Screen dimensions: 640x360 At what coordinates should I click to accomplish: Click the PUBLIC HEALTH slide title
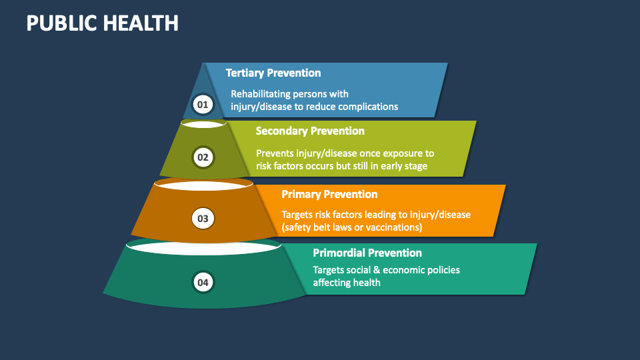pyautogui.click(x=103, y=23)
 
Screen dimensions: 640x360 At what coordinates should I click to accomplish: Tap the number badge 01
pyautogui.click(x=203, y=105)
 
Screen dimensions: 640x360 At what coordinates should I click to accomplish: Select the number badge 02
pyautogui.click(x=203, y=157)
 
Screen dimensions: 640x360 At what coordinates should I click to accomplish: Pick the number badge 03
pyautogui.click(x=203, y=219)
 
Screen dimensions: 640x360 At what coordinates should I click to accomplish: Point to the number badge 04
pyautogui.click(x=203, y=282)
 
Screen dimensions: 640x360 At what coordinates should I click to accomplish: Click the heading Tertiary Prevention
pyautogui.click(x=273, y=73)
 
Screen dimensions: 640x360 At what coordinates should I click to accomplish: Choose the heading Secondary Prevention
pyautogui.click(x=310, y=131)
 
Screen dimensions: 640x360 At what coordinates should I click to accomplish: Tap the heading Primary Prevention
pyautogui.click(x=329, y=194)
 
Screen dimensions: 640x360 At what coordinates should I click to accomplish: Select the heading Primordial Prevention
pyautogui.click(x=367, y=253)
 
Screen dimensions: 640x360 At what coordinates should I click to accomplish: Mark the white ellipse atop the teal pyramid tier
pyautogui.click(x=204, y=248)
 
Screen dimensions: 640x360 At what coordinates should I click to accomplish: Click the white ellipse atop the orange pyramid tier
pyautogui.click(x=204, y=186)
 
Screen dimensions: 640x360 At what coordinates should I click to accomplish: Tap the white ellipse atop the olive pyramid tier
pyautogui.click(x=204, y=125)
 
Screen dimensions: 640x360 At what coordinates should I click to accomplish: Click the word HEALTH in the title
pyautogui.click(x=141, y=23)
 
